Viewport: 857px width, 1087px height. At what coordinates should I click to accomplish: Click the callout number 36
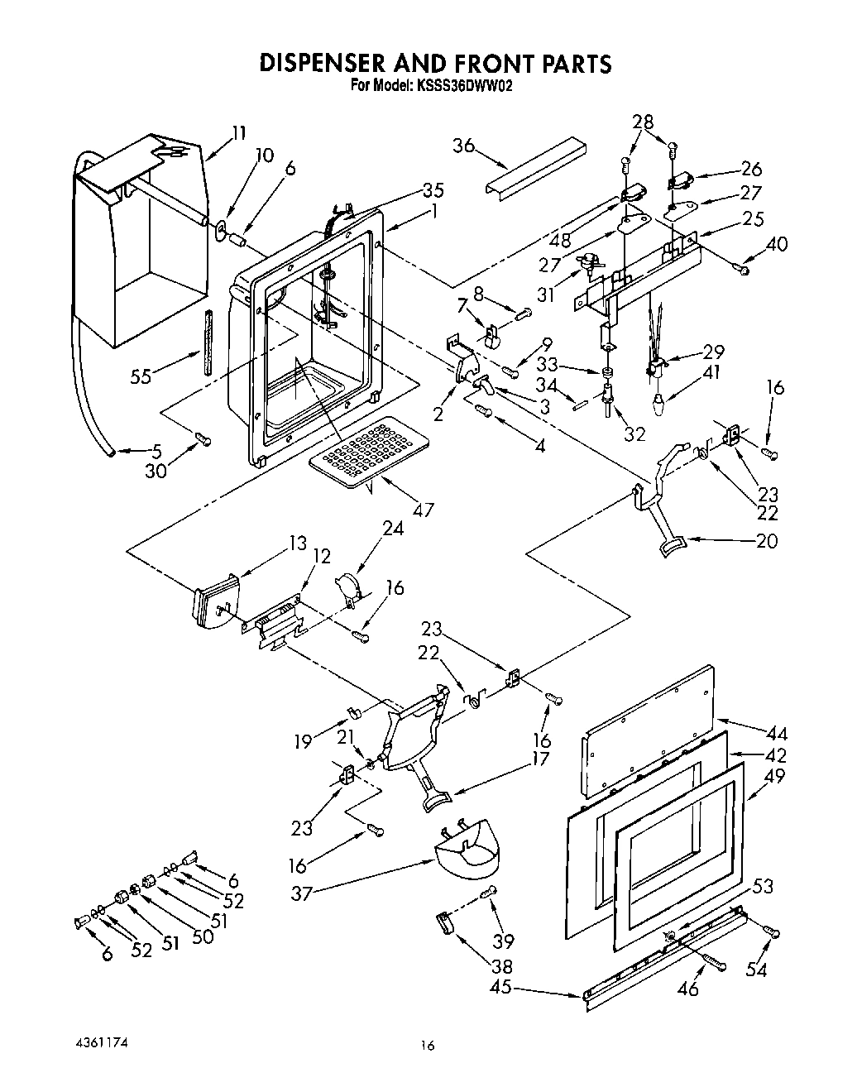[464, 146]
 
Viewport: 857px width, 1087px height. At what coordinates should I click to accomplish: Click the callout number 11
[238, 132]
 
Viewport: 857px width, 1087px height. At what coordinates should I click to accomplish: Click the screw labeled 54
[773, 932]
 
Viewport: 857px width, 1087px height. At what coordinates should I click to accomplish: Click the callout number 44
[776, 733]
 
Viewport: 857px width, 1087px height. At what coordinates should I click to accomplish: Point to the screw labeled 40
[743, 268]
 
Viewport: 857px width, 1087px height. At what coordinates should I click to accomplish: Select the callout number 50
[202, 936]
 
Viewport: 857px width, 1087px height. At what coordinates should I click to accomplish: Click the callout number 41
[710, 372]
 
